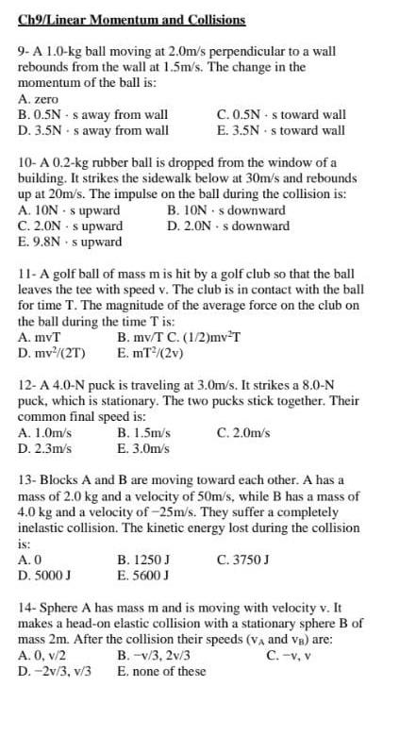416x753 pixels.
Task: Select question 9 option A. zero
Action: point(39,98)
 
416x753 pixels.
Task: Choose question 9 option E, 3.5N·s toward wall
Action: point(280,130)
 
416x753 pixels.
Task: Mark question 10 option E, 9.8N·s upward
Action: point(72,243)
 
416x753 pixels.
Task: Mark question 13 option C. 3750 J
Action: point(243,560)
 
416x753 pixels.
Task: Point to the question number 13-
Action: point(28,480)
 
